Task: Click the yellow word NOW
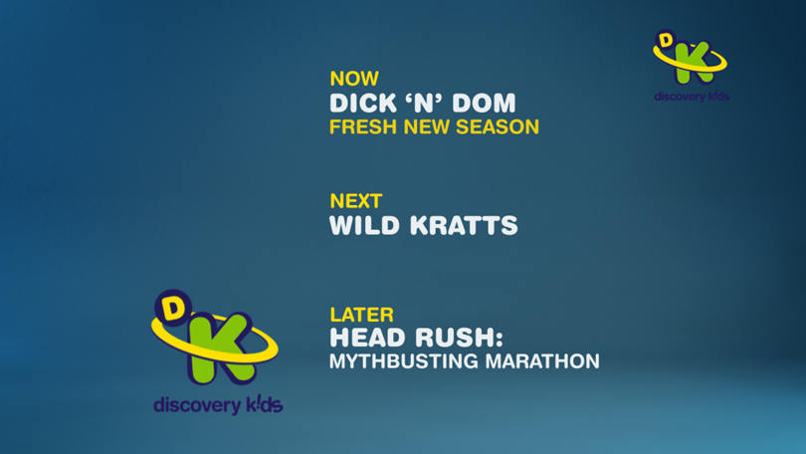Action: (354, 79)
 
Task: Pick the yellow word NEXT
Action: (355, 201)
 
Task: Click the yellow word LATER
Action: (361, 315)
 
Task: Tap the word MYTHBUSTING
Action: (404, 361)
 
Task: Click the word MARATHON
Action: (541, 361)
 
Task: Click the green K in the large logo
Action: (220, 348)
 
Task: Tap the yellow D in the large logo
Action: (173, 308)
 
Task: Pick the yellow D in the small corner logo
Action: (666, 41)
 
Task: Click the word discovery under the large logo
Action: (197, 405)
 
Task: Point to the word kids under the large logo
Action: (264, 404)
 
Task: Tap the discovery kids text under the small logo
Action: (692, 97)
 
